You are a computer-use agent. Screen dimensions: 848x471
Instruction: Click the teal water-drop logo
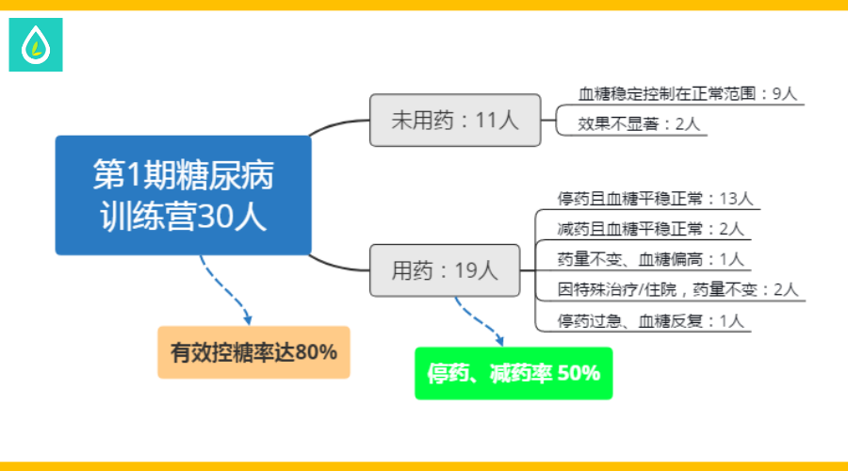tap(36, 45)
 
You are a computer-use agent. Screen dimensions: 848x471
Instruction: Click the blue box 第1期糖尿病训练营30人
tap(184, 195)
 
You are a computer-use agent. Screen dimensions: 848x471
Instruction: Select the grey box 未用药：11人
tap(455, 120)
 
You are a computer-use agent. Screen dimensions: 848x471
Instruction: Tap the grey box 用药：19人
tap(445, 270)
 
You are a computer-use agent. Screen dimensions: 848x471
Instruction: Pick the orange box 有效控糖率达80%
tap(253, 352)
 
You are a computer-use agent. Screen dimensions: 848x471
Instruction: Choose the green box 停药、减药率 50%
tap(514, 373)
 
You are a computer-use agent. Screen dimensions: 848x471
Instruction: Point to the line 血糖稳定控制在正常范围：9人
tap(688, 94)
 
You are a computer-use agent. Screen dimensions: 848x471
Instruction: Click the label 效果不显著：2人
tap(639, 124)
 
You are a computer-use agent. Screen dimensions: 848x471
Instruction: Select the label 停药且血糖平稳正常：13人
tap(655, 199)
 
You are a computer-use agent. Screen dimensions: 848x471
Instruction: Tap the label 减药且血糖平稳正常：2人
tap(650, 229)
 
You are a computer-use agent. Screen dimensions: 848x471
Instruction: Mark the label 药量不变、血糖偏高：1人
tap(650, 260)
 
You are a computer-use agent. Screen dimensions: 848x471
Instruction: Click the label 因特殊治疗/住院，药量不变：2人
tap(677, 290)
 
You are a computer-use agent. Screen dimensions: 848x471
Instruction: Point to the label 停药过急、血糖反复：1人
tap(650, 321)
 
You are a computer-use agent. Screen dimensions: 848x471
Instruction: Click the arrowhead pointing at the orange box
tap(248, 319)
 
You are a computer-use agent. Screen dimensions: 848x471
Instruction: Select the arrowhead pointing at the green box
tap(500, 340)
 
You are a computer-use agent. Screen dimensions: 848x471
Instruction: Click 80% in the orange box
tap(316, 352)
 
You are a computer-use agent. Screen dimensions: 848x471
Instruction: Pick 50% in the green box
tap(579, 373)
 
